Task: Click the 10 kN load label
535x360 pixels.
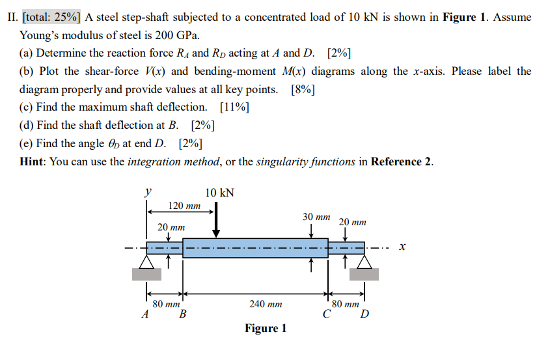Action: coord(219,193)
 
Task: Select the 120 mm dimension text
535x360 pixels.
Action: coord(184,206)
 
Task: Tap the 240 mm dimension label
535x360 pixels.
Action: coord(266,304)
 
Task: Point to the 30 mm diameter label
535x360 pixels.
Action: coord(316,216)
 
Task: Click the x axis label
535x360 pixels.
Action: coord(402,247)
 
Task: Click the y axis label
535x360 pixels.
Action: coord(148,192)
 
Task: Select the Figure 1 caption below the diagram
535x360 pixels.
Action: coord(266,328)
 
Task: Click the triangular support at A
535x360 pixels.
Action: coord(147,262)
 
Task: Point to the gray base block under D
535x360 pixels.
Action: coord(364,274)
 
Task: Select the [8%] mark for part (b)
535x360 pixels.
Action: coord(303,89)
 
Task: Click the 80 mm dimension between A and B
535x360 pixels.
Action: coord(165,304)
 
